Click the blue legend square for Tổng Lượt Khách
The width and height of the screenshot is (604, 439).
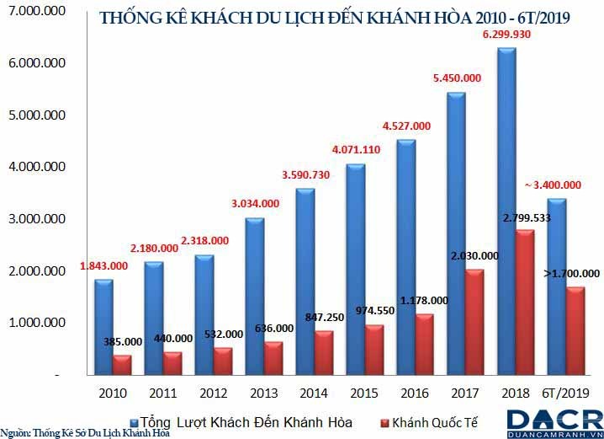(x=135, y=421)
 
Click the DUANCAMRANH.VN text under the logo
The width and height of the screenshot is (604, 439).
(x=555, y=433)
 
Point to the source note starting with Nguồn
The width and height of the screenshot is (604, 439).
(x=85, y=433)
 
